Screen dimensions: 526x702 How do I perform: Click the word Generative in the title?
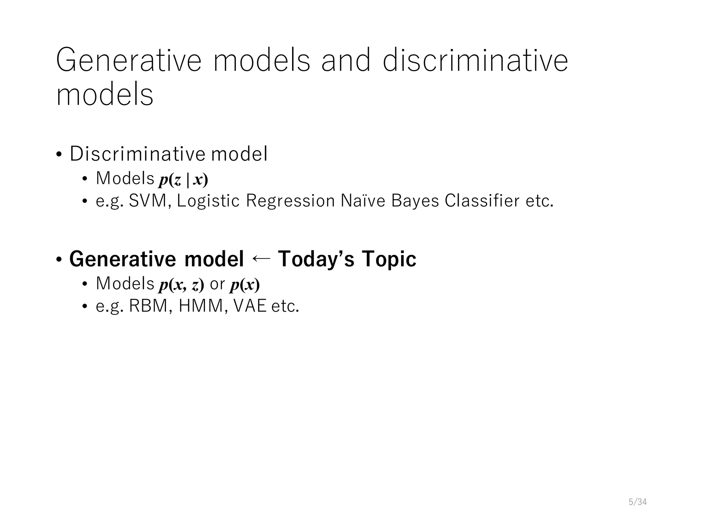pos(129,61)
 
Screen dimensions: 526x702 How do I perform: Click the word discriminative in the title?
pos(475,61)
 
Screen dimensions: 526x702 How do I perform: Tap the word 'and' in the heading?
pos(346,61)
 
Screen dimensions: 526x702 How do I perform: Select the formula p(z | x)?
pos(183,179)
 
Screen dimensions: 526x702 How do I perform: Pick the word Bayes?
pos(415,201)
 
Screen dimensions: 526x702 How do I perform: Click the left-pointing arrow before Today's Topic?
pos(261,259)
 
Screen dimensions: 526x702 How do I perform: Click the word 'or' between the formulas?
pos(217,284)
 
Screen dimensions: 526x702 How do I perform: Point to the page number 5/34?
pos(638,502)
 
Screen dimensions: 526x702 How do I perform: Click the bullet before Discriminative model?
pos(59,155)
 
